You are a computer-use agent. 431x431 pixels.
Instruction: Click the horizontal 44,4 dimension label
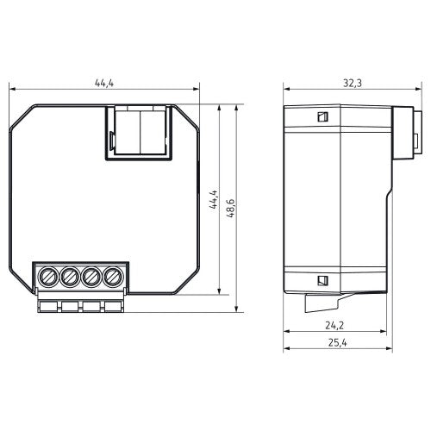[104, 83]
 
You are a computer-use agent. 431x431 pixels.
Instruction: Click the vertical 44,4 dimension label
[214, 199]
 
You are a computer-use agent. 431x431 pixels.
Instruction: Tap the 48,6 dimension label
[231, 209]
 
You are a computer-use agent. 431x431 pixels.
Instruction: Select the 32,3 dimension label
[353, 83]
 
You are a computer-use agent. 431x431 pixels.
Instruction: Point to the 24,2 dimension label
[334, 325]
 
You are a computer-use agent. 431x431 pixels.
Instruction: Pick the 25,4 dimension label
[337, 342]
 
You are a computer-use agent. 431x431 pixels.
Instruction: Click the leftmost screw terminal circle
[48, 277]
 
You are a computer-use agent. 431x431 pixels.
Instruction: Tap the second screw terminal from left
[70, 277]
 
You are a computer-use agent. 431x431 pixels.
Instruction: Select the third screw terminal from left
[91, 277]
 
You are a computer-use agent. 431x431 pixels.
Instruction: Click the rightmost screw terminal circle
[112, 277]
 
